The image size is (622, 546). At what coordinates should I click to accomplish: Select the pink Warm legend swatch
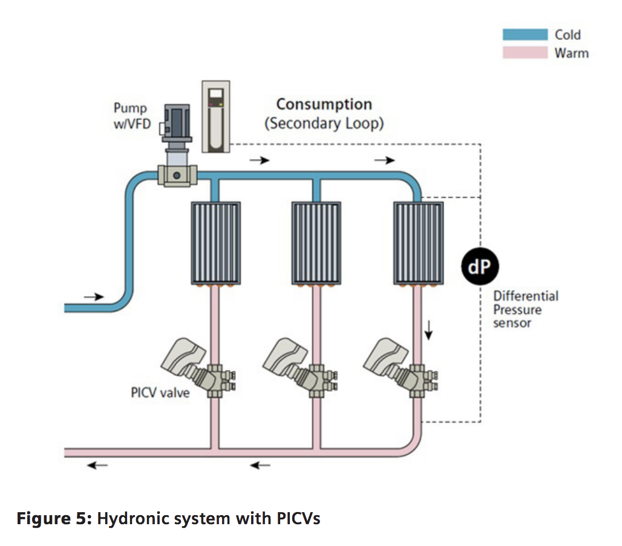click(x=526, y=53)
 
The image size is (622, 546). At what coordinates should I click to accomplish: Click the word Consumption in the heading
click(x=324, y=104)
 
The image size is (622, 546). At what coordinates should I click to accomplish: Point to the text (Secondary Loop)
click(x=324, y=123)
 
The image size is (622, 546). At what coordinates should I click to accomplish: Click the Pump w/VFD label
click(x=131, y=117)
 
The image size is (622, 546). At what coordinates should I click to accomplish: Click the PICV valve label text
click(x=160, y=392)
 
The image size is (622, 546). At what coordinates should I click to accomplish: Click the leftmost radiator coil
click(x=216, y=243)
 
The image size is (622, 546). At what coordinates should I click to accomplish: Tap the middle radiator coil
click(x=316, y=243)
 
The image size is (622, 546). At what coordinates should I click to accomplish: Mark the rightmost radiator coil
click(x=419, y=243)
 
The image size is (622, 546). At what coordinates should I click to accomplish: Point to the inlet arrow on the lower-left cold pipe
click(x=94, y=297)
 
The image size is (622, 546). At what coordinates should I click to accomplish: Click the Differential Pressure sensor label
click(x=525, y=309)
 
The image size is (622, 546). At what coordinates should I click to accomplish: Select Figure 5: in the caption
click(x=53, y=519)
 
